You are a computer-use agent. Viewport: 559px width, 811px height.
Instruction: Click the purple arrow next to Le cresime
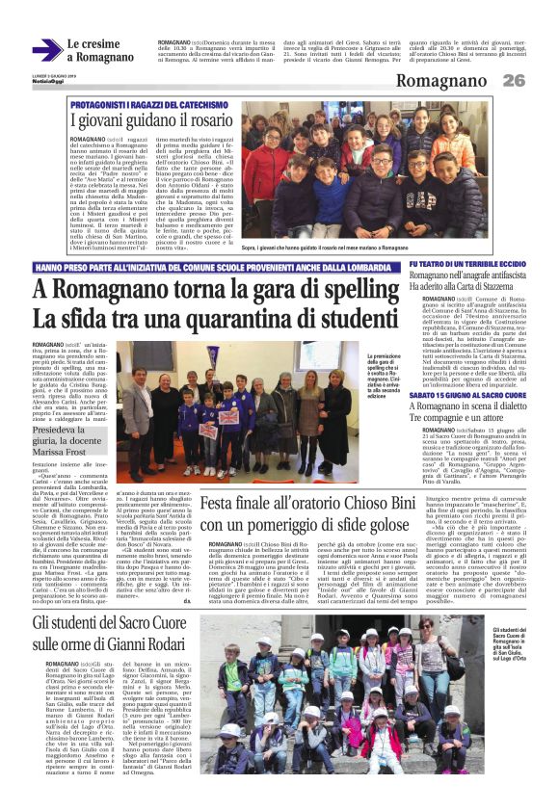[46, 50]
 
